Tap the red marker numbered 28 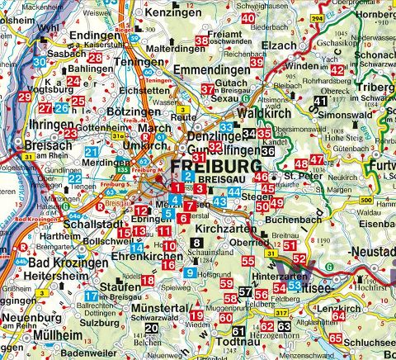click(x=96, y=58)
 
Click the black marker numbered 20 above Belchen click(x=150, y=329)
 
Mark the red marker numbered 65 click(x=335, y=339)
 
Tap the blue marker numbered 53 click(x=295, y=286)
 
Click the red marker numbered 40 click(x=248, y=18)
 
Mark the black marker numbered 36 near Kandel click(x=267, y=151)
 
